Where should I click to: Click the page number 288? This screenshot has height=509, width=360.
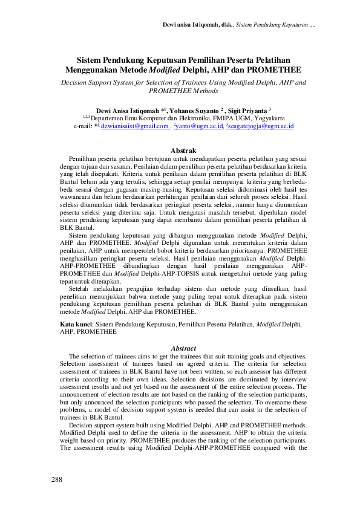57,479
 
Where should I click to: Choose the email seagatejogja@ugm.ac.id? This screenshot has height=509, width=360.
261,127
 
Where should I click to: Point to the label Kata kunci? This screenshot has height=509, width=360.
77,325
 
